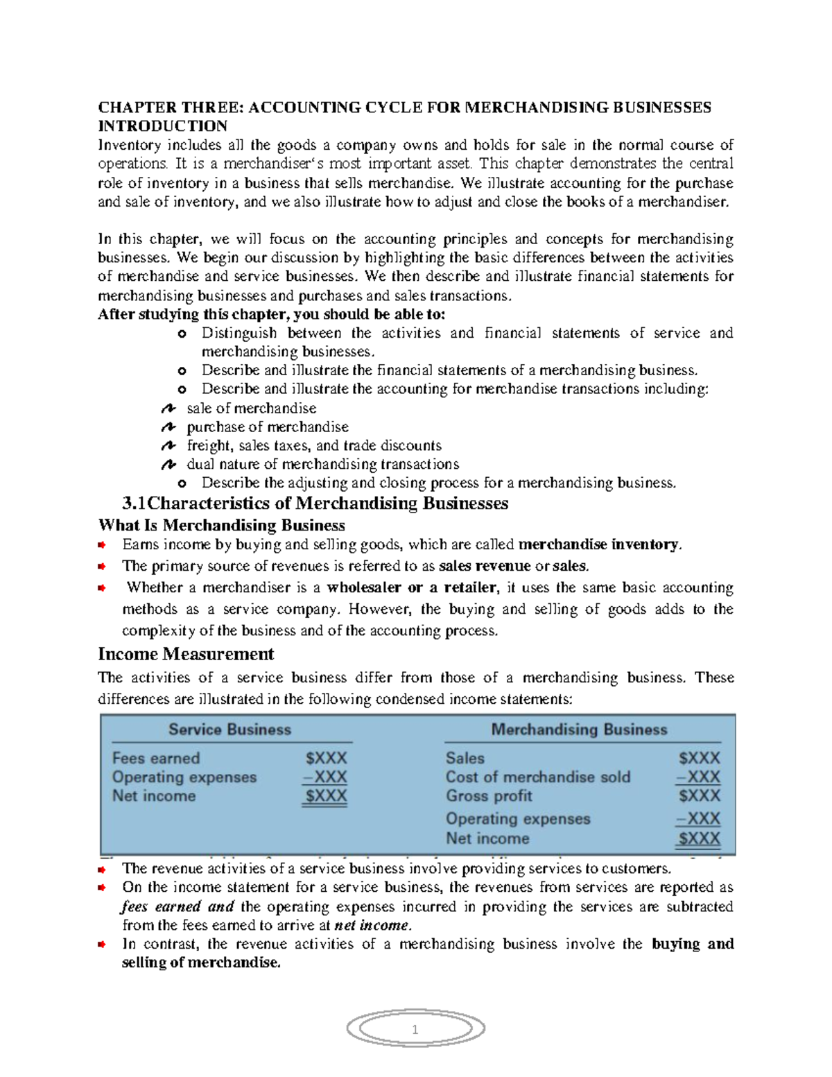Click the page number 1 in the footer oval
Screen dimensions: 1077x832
click(x=415, y=1030)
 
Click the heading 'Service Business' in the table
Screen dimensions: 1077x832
click(x=229, y=730)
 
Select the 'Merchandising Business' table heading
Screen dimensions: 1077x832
click(x=579, y=730)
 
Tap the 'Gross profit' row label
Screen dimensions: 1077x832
click(x=489, y=796)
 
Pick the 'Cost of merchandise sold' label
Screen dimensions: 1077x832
click(x=538, y=777)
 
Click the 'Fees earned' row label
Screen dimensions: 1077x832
click(x=156, y=758)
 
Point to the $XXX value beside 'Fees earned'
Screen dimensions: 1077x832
click(x=326, y=758)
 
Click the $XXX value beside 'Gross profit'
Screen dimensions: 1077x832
click(x=699, y=796)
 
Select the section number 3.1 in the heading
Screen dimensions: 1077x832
click(x=135, y=503)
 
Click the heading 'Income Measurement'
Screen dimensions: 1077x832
click(x=186, y=654)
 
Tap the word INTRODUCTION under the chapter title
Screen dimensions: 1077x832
click(x=162, y=126)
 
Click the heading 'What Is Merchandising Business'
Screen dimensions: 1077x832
click(x=221, y=525)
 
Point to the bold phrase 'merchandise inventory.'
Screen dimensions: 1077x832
click(x=600, y=544)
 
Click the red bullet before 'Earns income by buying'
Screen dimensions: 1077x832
click(x=102, y=544)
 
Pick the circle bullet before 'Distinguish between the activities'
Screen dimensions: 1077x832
click(x=182, y=334)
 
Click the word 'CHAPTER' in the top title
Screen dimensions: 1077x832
click(x=137, y=107)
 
